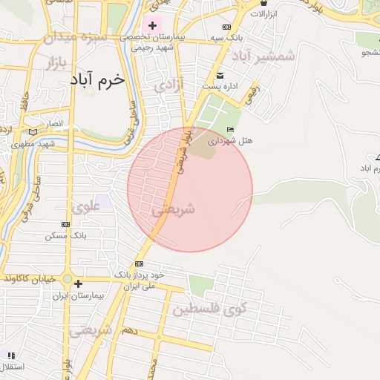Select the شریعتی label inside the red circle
pyautogui.click(x=173, y=210)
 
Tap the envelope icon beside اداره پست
pyautogui.click(x=219, y=76)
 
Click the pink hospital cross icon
pyautogui.click(x=153, y=26)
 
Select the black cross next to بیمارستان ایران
pyautogui.click(x=77, y=284)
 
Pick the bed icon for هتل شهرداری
pyautogui.click(x=231, y=129)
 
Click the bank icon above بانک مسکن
pyautogui.click(x=65, y=224)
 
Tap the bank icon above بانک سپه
pyautogui.click(x=226, y=27)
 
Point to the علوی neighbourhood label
pyautogui.click(x=88, y=206)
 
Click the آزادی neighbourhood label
pyautogui.click(x=168, y=86)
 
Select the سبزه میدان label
pyautogui.click(x=75, y=36)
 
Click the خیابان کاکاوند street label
pyautogui.click(x=30, y=278)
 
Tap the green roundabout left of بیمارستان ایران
pyautogui.click(x=67, y=280)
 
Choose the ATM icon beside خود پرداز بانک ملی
pyautogui.click(x=139, y=263)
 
